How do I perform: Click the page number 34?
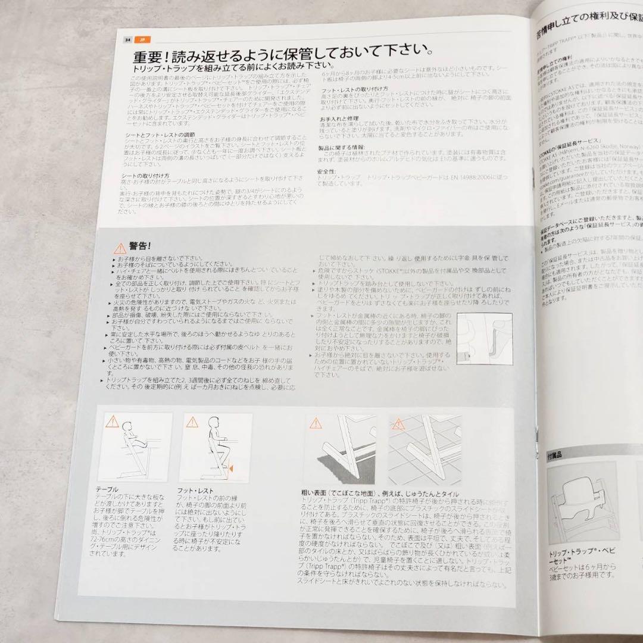coord(127,40)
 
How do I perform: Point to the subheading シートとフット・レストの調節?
coord(164,136)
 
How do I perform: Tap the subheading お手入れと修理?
coord(338,118)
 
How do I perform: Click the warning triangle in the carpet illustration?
coord(314,423)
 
